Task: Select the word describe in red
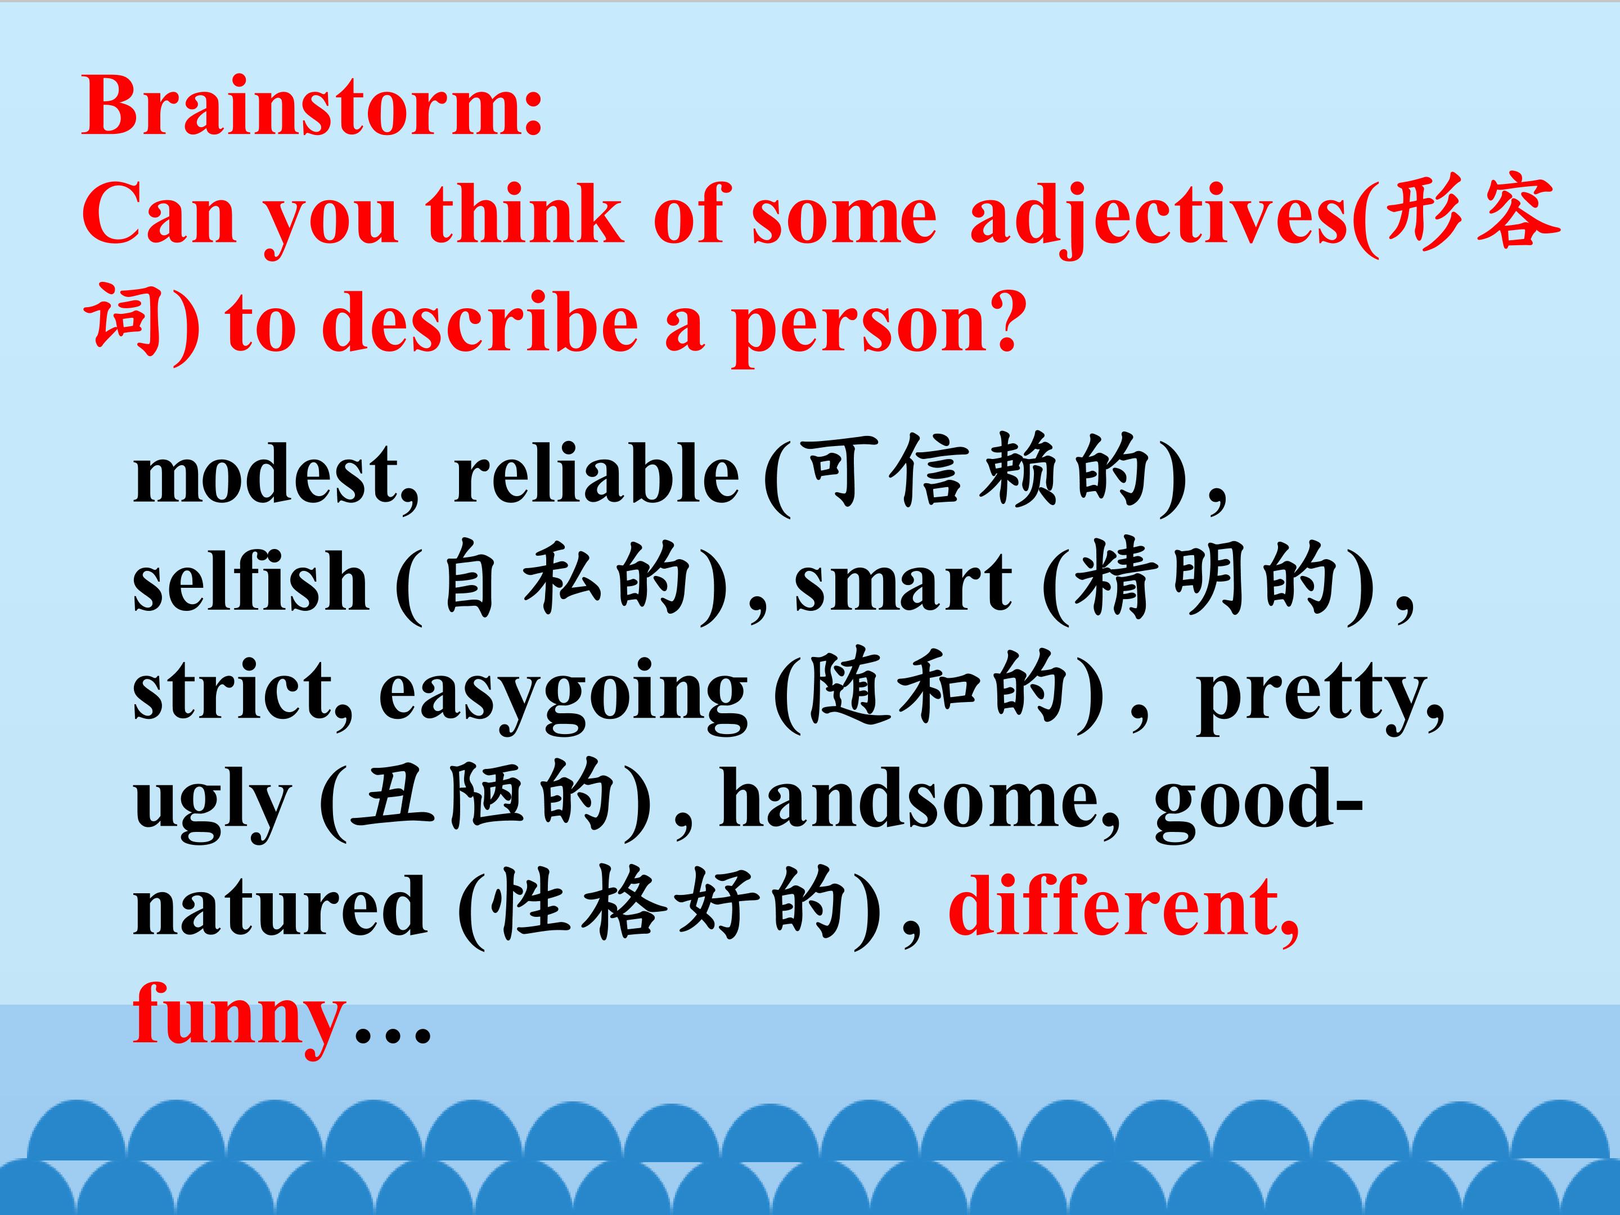coord(480,323)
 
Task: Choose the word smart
coord(903,582)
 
